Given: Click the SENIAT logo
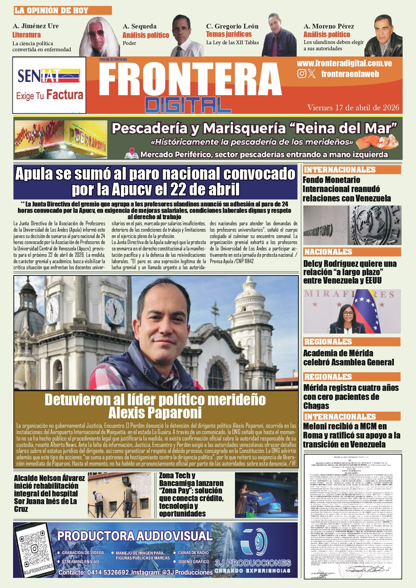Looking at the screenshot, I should point(49,76).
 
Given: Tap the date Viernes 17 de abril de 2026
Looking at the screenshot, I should point(353,108).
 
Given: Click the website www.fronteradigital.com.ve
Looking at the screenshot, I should point(344,63).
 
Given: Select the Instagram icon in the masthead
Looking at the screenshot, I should point(302,73).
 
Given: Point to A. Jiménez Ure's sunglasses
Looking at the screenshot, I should point(96,33).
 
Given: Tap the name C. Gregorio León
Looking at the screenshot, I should point(232,26).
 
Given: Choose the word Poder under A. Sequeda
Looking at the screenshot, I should point(129,43).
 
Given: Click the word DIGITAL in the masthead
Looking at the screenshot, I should point(188,105).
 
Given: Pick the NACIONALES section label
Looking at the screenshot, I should point(328,252).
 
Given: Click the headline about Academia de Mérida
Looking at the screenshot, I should point(348,358).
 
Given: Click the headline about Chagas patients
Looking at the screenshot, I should point(351,397).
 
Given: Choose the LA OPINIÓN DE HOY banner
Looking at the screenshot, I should point(62,10).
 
